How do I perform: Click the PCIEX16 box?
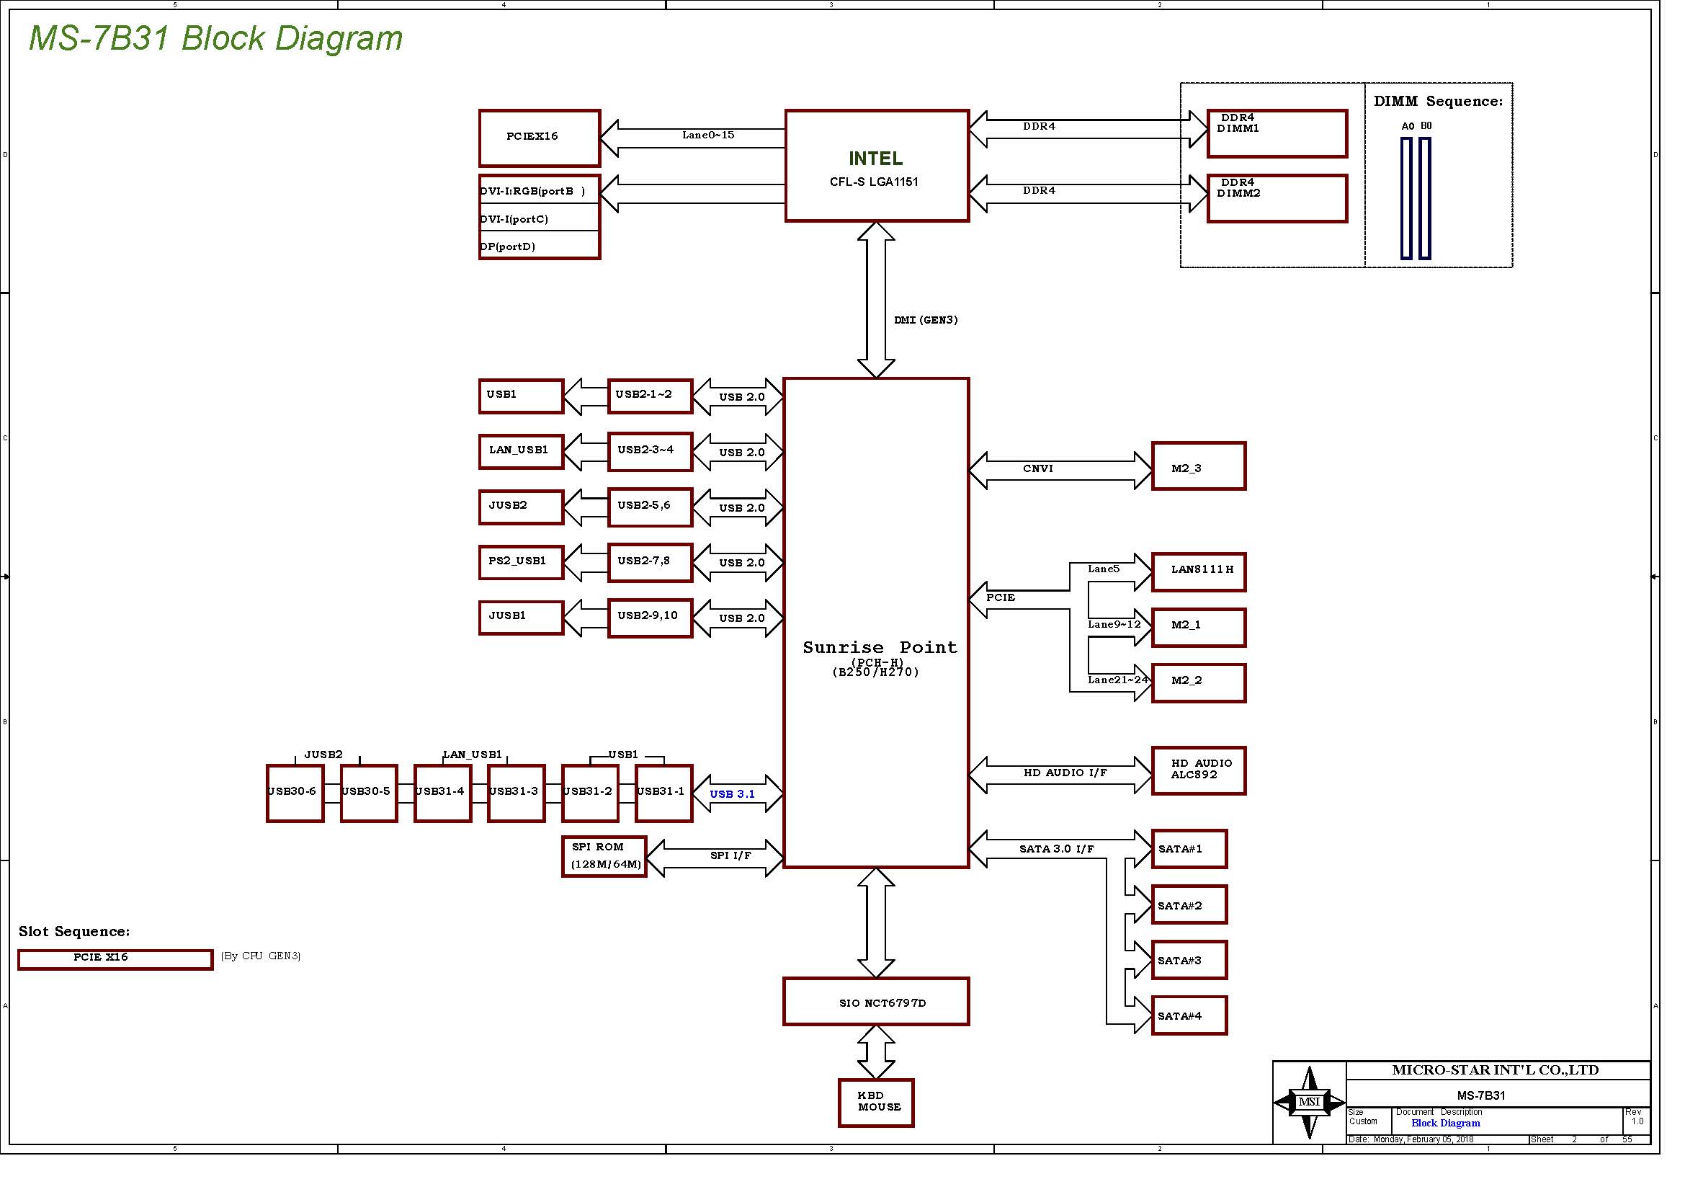(x=540, y=138)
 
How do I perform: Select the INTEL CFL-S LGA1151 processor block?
(x=876, y=166)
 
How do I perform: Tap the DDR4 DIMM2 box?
(x=1277, y=198)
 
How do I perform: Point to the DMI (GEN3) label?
(x=926, y=320)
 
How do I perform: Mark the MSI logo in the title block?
(x=1309, y=1103)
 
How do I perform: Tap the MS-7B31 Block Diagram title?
(x=216, y=38)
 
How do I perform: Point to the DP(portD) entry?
(x=540, y=246)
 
